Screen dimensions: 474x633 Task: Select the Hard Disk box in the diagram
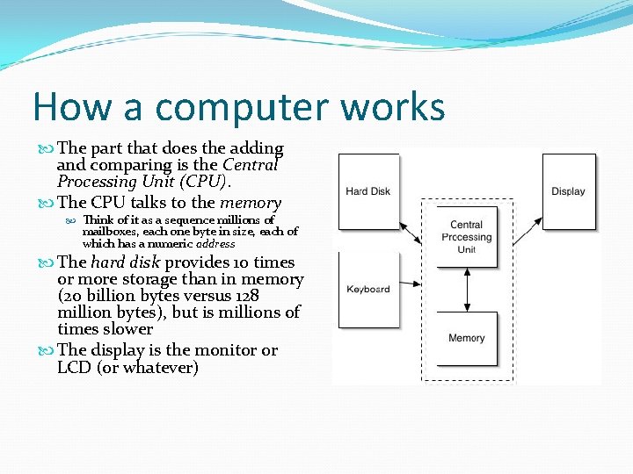point(368,191)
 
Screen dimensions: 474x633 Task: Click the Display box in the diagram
point(568,191)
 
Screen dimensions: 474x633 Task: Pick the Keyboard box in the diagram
point(368,290)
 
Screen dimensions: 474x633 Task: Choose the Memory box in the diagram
point(466,338)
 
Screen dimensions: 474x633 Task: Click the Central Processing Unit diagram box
point(466,237)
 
